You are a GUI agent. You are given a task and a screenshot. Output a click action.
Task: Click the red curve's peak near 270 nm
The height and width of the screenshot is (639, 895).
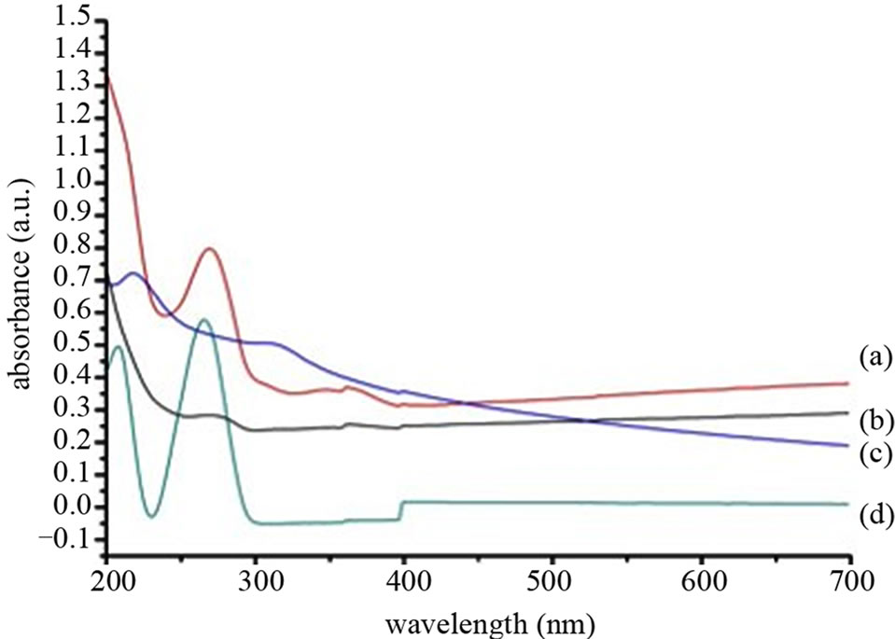[210, 248]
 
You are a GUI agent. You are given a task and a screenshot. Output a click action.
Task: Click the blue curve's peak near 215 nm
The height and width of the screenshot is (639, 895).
[133, 273]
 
